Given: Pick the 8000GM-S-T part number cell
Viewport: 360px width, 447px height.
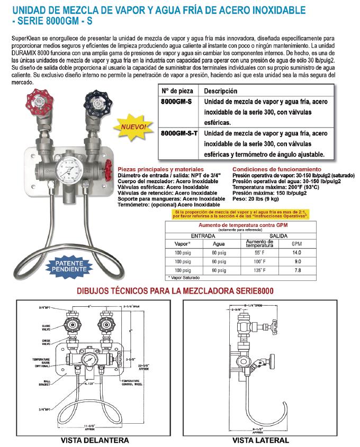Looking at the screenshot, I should pyautogui.click(x=178, y=134).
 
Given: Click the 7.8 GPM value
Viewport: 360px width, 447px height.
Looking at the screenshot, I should pyautogui.click(x=296, y=270).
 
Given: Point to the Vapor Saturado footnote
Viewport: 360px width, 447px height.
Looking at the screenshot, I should pyautogui.click(x=186, y=277).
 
